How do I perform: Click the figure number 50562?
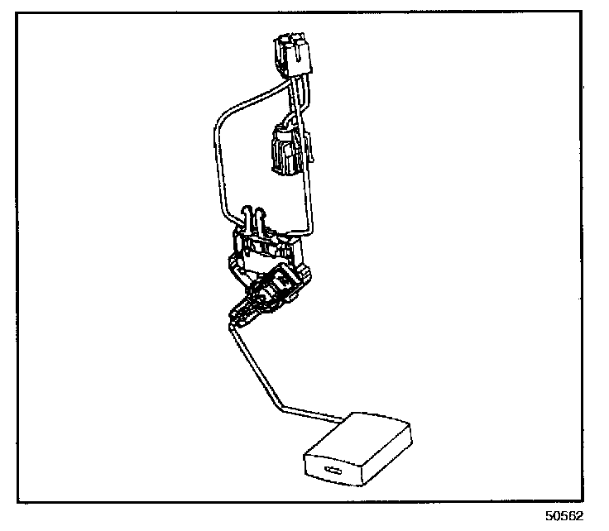tap(565, 515)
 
